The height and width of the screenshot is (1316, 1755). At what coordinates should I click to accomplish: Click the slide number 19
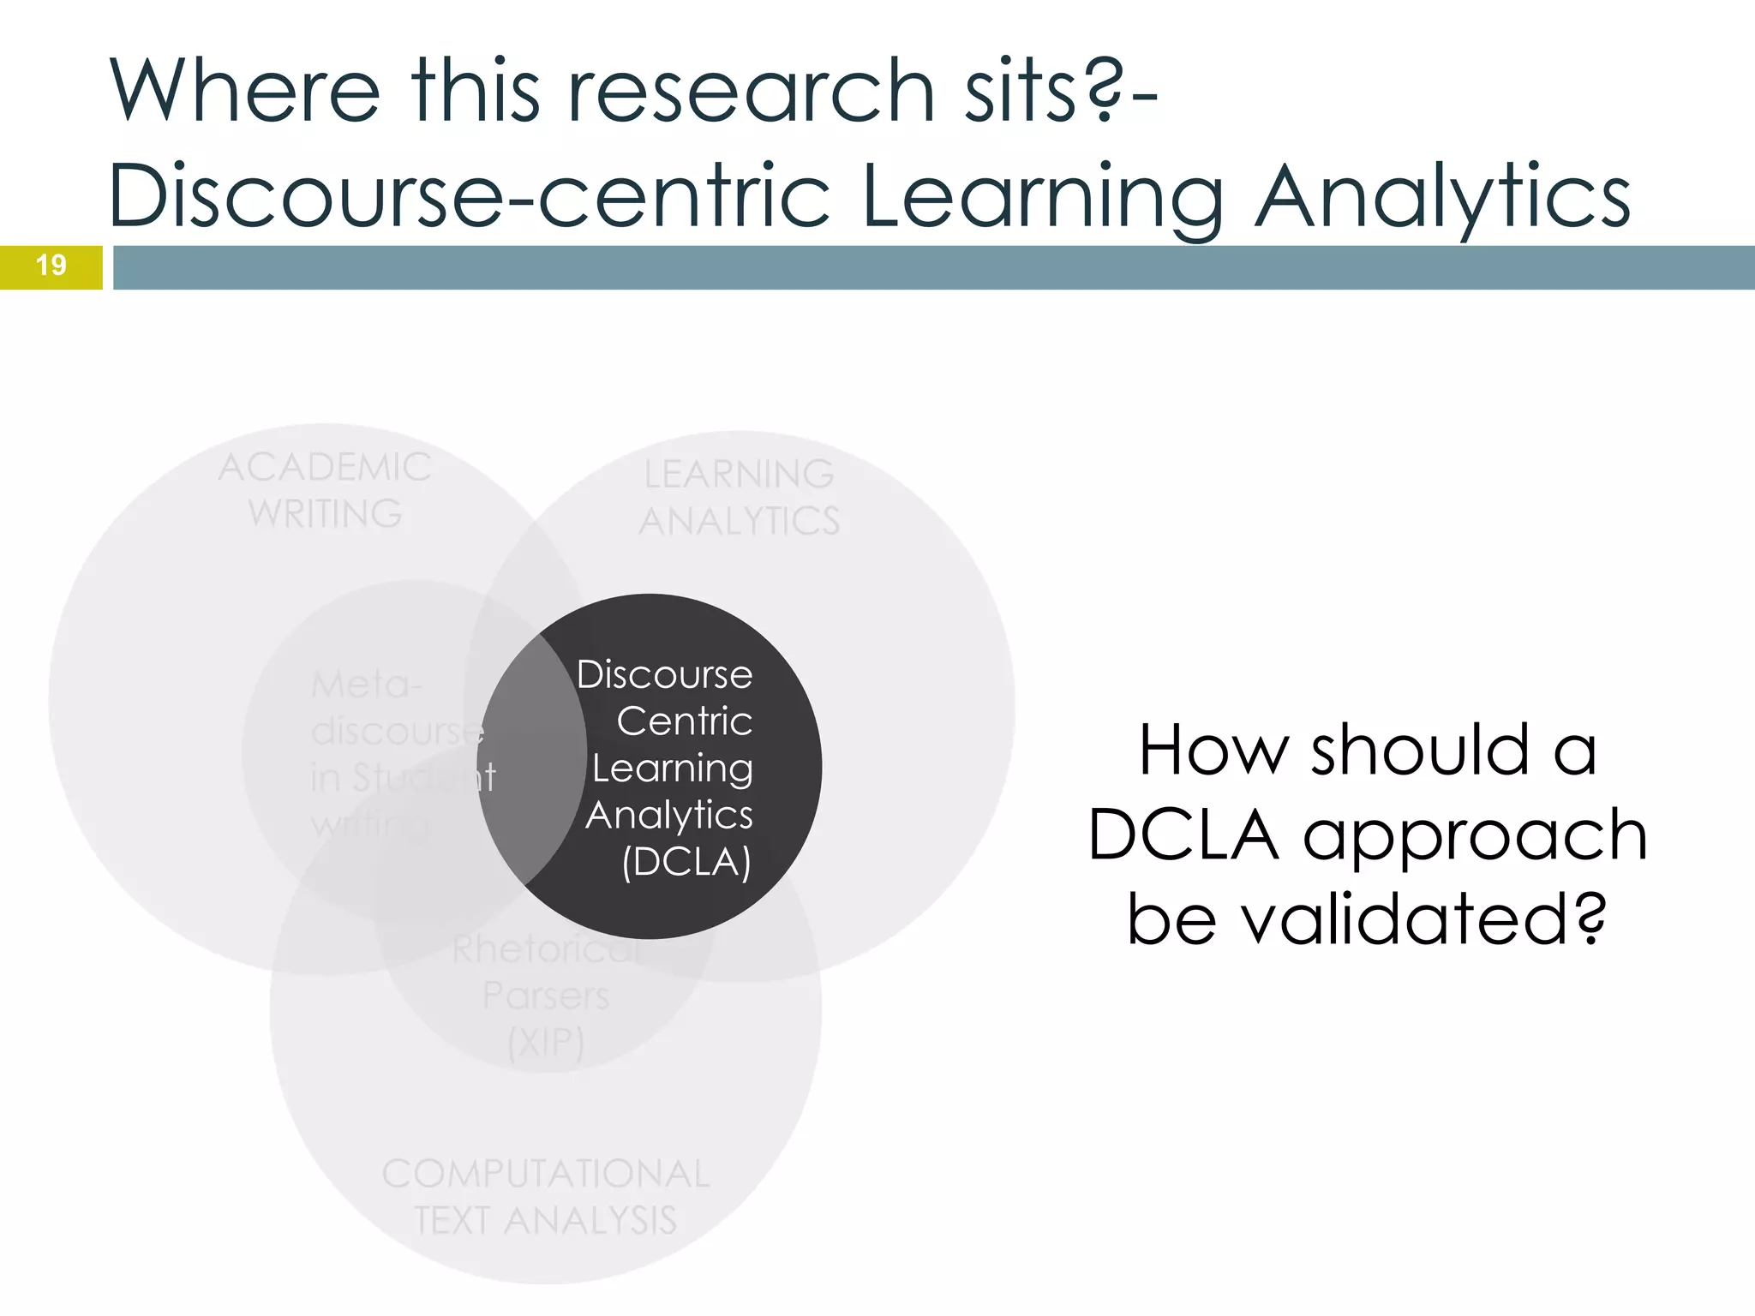point(51,266)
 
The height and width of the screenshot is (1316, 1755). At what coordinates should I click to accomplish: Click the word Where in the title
point(244,90)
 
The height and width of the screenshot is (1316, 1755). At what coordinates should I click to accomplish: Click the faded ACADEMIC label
point(325,468)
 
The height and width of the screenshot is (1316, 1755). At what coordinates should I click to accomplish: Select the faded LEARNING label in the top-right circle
point(739,475)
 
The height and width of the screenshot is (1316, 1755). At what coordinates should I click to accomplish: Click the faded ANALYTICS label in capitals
point(739,521)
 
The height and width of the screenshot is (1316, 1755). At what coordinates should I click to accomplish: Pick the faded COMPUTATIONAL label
point(546,1174)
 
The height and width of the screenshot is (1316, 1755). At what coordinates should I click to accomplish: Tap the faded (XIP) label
point(546,1043)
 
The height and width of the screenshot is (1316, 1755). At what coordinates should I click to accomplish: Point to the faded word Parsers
point(546,996)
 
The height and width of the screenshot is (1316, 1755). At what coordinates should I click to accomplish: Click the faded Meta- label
point(367,685)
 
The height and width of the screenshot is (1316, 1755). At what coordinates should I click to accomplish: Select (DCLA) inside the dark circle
point(686,862)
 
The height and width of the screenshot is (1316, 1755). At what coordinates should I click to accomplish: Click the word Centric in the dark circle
point(684,721)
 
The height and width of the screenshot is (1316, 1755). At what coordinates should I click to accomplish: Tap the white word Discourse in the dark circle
point(664,675)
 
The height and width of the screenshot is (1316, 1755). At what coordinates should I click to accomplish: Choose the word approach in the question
point(1475,835)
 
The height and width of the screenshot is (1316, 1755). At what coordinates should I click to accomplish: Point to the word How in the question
point(1213,751)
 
